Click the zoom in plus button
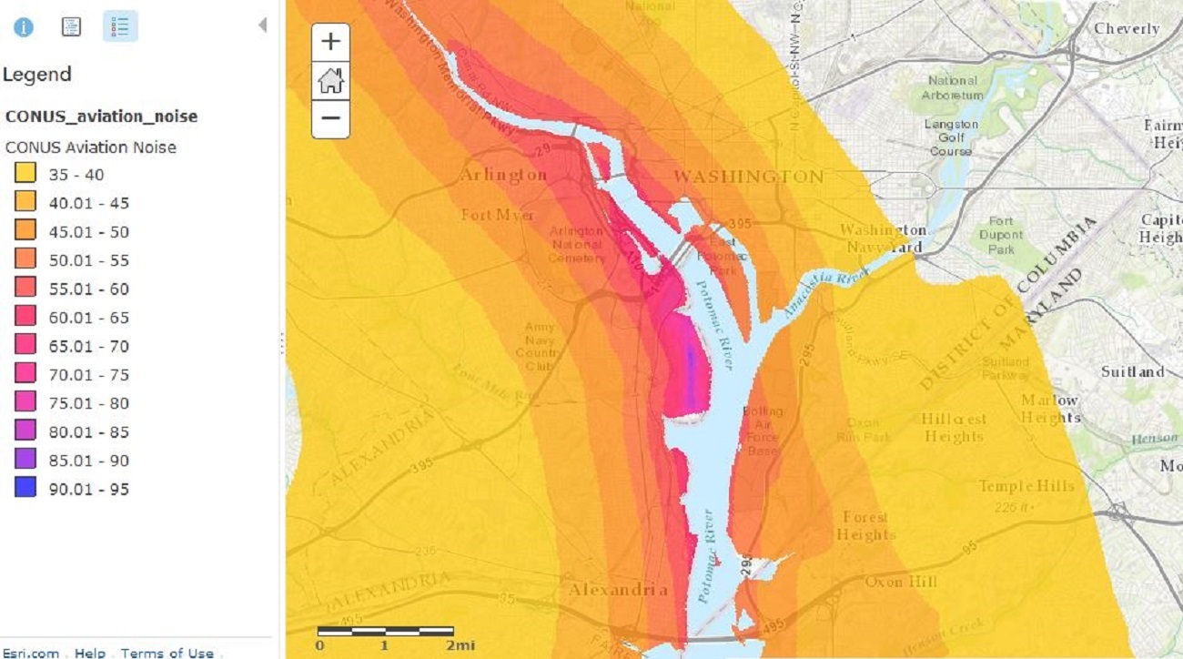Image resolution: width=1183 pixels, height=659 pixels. coord(330,42)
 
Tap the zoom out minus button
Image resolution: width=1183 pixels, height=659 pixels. coord(330,118)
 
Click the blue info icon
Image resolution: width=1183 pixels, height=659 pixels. coord(24,26)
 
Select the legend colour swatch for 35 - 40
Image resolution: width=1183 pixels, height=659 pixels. coord(25,174)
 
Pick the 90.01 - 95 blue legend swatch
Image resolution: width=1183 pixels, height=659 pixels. coord(25,489)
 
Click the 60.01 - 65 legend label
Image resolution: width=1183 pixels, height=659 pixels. coord(89,318)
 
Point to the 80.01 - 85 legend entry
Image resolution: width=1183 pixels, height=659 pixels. coord(89,431)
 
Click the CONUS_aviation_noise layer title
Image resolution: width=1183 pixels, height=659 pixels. coord(101,117)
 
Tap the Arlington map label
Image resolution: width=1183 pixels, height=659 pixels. coord(503,175)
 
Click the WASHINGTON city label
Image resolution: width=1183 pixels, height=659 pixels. coord(748,176)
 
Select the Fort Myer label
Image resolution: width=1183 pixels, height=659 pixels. coord(498,215)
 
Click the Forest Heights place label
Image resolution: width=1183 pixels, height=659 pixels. coord(864,525)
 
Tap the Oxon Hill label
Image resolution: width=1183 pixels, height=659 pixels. coord(900,582)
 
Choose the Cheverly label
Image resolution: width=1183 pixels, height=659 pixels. coord(1127,29)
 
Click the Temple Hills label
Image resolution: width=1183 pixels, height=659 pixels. coord(1026,486)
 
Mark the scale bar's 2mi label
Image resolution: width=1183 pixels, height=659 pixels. coord(460,645)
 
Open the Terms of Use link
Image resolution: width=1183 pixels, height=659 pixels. coord(167,653)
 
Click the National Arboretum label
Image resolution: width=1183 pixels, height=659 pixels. coord(953,87)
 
